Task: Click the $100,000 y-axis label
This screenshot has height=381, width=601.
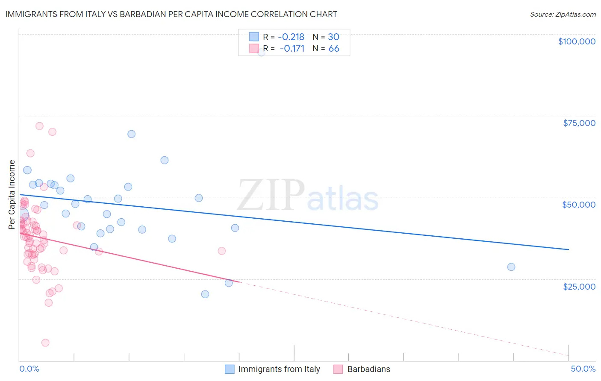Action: click(576, 41)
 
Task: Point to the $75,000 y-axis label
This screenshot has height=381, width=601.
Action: click(579, 123)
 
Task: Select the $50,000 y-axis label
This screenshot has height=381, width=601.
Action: click(578, 205)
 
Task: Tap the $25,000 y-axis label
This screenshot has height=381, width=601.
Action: click(579, 286)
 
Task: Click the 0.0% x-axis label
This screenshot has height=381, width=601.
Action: click(29, 369)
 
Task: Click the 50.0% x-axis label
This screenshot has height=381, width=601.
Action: click(583, 369)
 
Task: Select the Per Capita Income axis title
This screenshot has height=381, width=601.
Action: click(12, 194)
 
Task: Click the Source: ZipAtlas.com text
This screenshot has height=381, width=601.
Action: click(563, 15)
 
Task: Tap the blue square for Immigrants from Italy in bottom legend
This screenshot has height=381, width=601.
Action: click(230, 369)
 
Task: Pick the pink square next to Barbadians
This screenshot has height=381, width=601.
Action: click(338, 369)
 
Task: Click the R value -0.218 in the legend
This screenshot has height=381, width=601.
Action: click(291, 37)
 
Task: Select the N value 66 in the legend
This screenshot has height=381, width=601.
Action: click(333, 49)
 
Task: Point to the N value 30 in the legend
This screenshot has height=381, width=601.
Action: click(333, 37)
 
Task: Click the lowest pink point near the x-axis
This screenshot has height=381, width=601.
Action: click(45, 343)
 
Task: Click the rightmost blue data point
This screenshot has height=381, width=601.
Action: click(511, 267)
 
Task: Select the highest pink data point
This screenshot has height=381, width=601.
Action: click(39, 126)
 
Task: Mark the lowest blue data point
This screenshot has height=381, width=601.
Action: click(205, 294)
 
